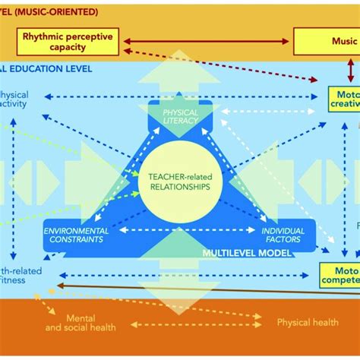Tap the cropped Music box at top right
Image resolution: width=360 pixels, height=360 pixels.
327,41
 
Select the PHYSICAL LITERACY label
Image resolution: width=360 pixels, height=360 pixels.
180,116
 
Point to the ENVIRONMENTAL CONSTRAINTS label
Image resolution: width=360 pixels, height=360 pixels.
74,235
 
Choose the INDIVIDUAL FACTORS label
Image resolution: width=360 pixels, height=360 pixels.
283,235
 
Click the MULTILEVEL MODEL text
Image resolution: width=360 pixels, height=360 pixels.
247,253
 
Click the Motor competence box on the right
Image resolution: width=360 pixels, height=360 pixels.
339,274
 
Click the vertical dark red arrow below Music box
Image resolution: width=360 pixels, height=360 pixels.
351,70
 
